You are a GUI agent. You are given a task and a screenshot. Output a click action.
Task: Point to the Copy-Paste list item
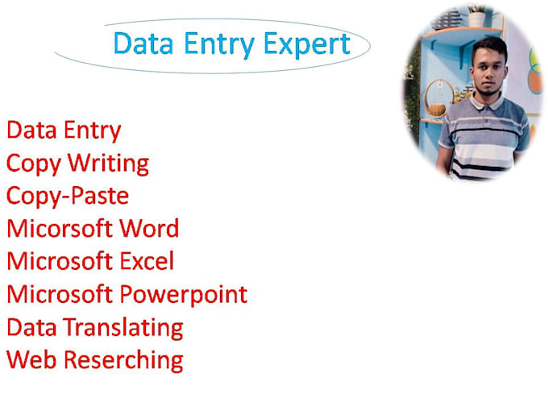(x=68, y=196)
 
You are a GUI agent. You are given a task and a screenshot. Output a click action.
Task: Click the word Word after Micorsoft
(x=149, y=228)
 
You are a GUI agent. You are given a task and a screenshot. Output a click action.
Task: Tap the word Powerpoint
(x=184, y=294)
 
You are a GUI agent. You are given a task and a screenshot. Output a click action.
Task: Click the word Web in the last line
(x=31, y=359)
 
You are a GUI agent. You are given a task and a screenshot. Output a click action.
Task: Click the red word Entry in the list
(x=93, y=130)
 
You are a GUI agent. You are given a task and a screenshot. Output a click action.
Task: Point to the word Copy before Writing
(x=33, y=164)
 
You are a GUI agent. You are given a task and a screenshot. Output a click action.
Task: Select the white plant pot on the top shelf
(x=476, y=19)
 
